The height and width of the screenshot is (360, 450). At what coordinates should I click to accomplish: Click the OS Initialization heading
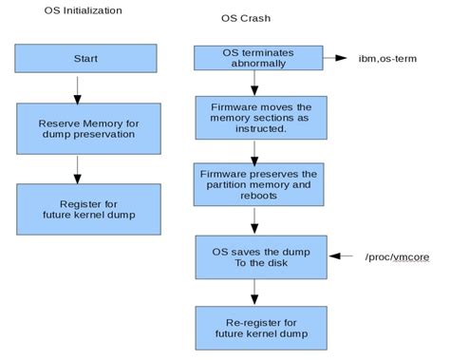[84, 10]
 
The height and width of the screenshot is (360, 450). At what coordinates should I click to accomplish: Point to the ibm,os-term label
[387, 58]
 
